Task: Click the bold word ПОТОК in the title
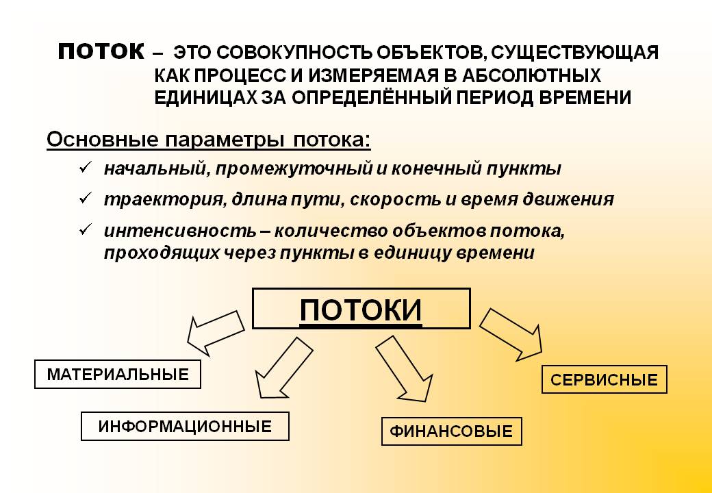[101, 51]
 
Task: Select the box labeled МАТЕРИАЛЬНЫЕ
[118, 375]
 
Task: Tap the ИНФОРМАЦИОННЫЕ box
[185, 427]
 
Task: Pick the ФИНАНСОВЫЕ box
[451, 431]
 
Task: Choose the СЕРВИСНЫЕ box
[604, 379]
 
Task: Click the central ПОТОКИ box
[361, 308]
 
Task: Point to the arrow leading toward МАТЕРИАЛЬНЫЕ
[216, 332]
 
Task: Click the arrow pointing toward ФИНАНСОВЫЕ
[404, 368]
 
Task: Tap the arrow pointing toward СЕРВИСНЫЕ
[511, 334]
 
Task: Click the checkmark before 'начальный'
[85, 168]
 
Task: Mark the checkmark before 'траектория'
[85, 198]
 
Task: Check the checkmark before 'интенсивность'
[85, 229]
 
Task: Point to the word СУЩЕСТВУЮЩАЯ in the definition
[574, 53]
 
